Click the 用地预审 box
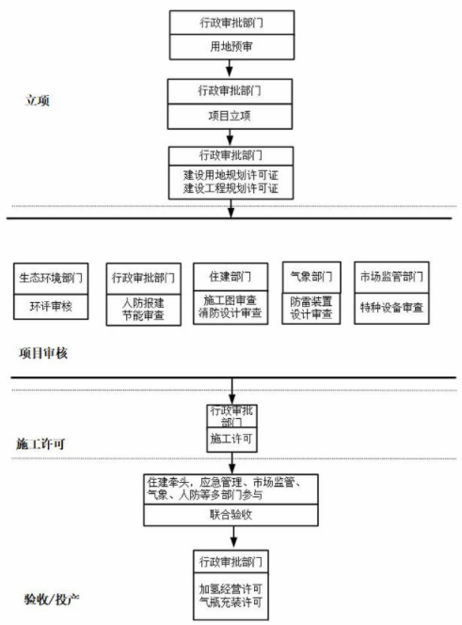click(231, 47)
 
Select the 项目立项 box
click(230, 117)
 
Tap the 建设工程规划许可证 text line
click(231, 188)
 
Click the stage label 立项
click(38, 100)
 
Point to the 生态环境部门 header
click(51, 279)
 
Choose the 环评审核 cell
click(51, 307)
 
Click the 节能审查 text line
click(143, 315)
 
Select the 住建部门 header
click(231, 277)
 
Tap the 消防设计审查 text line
click(231, 313)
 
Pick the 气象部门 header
click(311, 277)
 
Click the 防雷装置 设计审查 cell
click(311, 308)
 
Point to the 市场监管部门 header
click(391, 278)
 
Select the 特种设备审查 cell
click(391, 309)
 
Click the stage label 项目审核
click(43, 353)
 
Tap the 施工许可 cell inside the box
click(231, 441)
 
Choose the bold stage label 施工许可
click(40, 444)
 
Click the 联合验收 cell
click(231, 515)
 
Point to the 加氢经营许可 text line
click(231, 588)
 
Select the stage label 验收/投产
click(52, 599)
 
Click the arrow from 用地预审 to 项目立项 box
click(230, 68)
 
